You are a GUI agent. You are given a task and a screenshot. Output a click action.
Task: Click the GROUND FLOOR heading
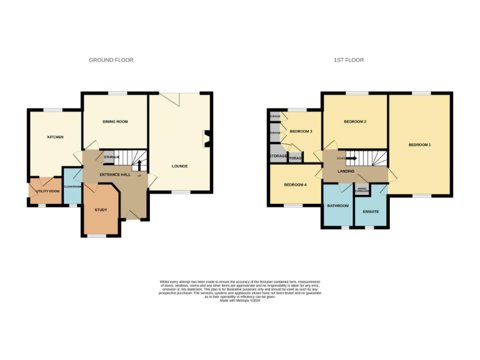pos(111,60)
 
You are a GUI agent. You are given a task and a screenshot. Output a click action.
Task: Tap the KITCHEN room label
pos(56,137)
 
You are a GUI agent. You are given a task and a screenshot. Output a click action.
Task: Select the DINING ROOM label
pos(115,121)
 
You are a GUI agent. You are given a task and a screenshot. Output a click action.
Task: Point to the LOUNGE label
pos(180,166)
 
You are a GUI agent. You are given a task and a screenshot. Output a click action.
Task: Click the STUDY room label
pos(101,210)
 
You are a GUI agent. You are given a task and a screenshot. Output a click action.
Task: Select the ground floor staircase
pos(132,158)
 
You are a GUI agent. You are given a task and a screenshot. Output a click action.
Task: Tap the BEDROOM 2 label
pos(354,121)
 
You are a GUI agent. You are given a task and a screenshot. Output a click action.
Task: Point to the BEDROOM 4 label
pos(295,184)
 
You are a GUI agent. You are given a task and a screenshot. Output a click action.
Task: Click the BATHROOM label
pos(337,204)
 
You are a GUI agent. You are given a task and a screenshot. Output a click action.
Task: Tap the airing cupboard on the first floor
pos(361,189)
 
